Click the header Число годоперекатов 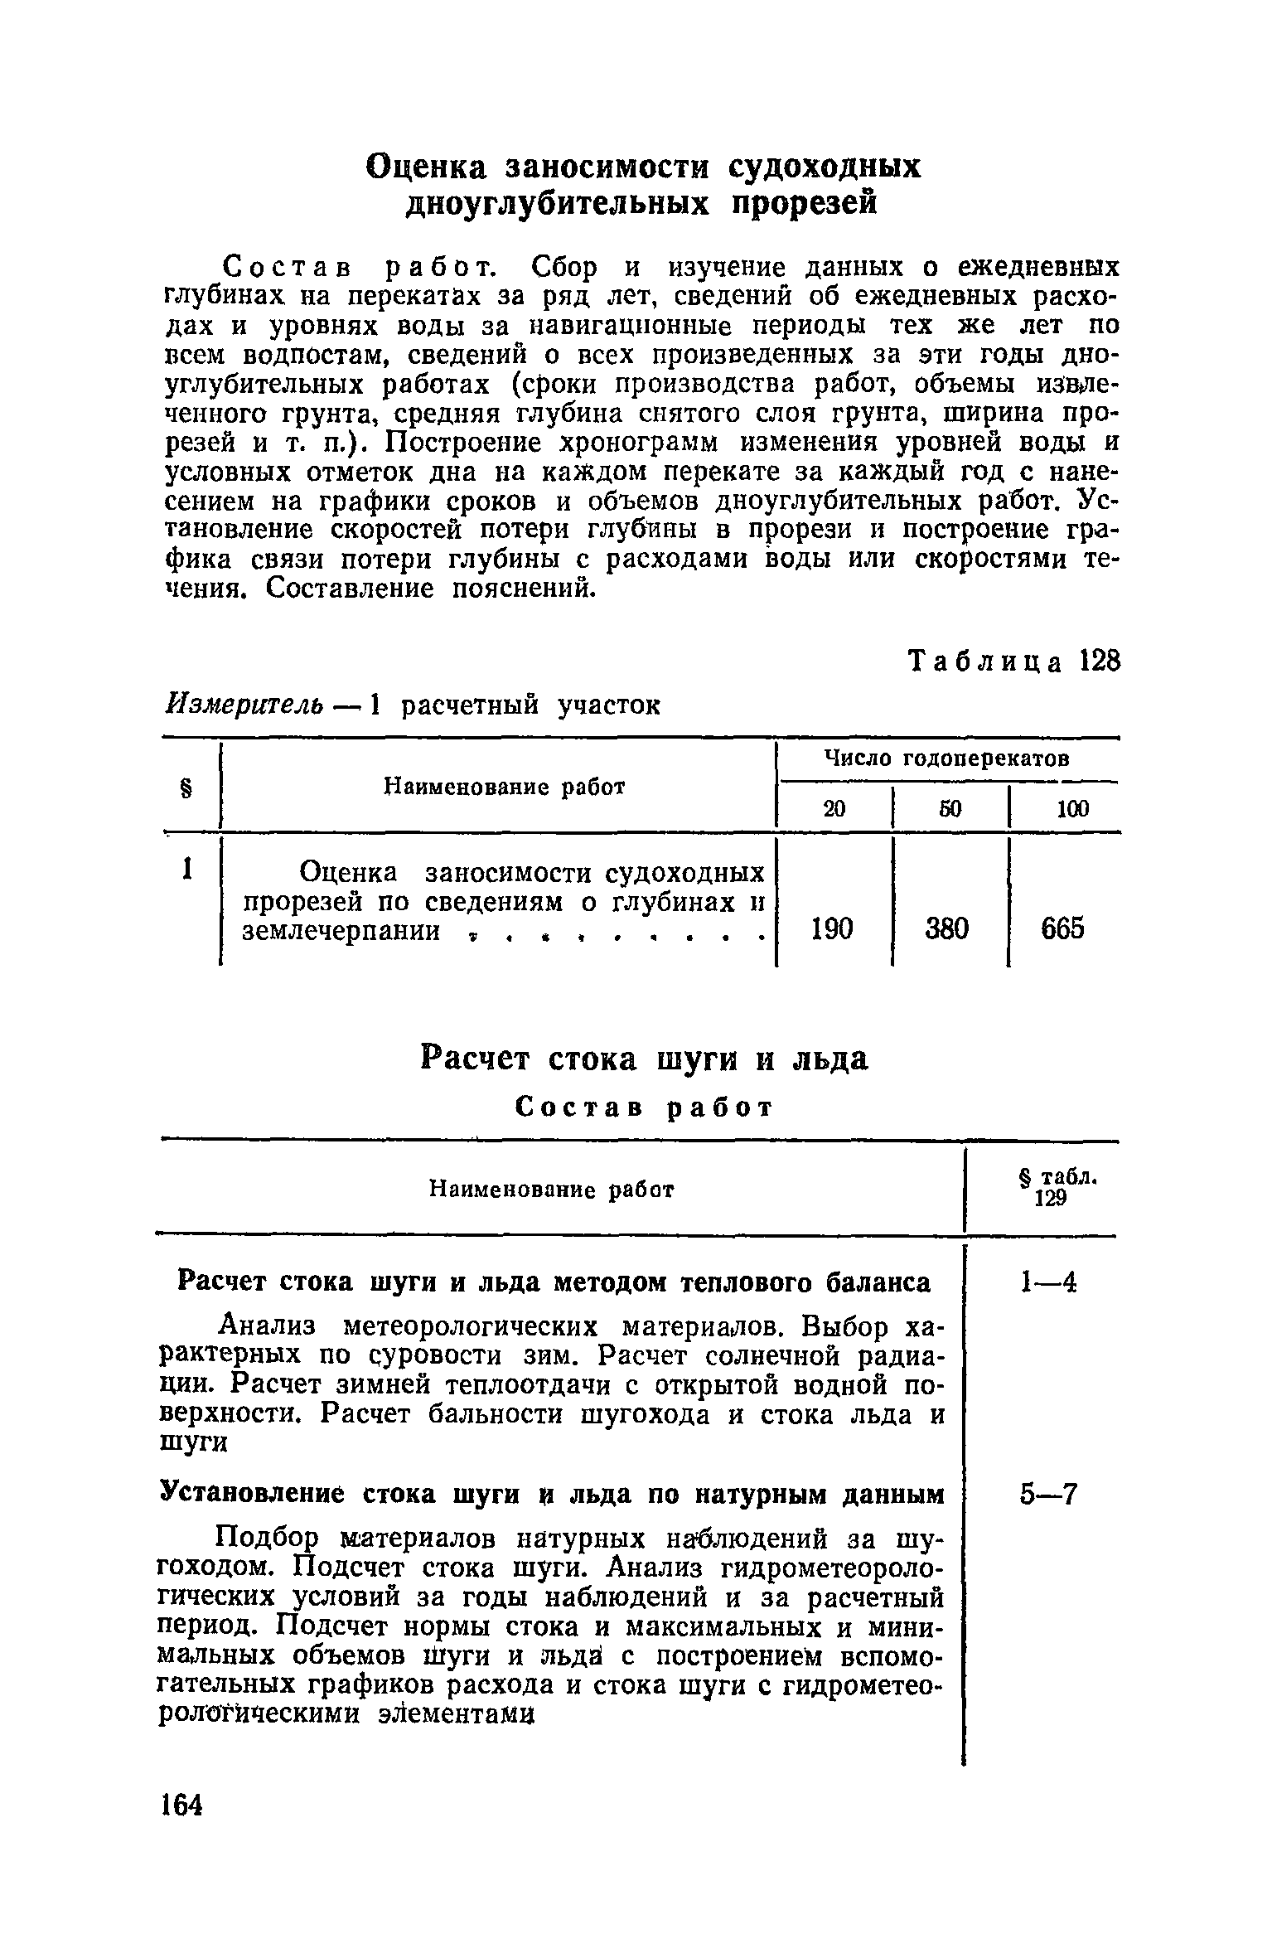(x=946, y=758)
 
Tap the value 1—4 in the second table (x=1048, y=1283)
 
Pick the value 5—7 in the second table (x=1048, y=1495)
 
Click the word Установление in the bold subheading (x=240, y=1495)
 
